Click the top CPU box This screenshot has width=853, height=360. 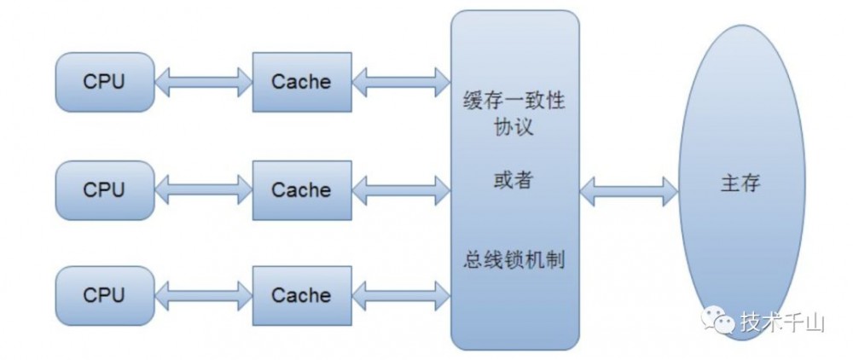(104, 81)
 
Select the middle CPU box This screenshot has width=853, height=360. (104, 189)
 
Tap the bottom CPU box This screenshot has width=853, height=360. (104, 294)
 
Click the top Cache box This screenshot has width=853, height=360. (301, 81)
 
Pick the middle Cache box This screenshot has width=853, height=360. (301, 189)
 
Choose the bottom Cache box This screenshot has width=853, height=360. (301, 294)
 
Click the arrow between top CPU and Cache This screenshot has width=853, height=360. (204, 82)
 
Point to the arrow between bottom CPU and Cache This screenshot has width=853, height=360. (204, 295)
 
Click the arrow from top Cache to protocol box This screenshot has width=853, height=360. (401, 82)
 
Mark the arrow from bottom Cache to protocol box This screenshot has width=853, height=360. (401, 295)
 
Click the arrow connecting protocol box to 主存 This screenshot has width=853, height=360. (628, 190)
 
